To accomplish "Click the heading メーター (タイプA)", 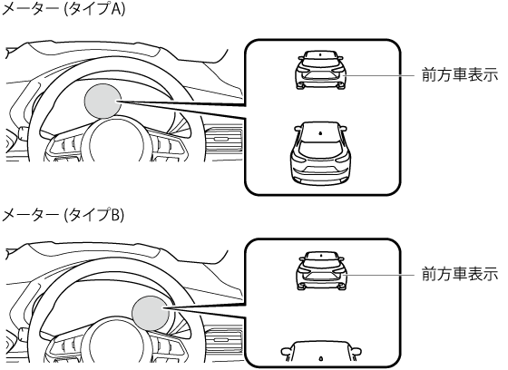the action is pos(63,9).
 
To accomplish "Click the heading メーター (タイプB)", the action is pos(63,215).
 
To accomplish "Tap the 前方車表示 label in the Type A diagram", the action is pos(459,75).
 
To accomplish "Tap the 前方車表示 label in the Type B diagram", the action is pos(459,275).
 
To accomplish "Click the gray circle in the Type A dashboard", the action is pos(103,101).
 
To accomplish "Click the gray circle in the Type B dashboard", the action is pos(151,313).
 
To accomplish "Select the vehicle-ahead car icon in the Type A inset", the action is pos(321,70).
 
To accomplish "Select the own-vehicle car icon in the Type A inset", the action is pos(321,153).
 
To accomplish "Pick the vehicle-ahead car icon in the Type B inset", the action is pos(321,270).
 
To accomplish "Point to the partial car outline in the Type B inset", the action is pos(321,352).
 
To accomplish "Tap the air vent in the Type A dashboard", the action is pos(223,140).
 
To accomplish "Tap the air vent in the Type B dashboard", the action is pos(223,340).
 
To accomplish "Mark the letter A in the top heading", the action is pos(117,9).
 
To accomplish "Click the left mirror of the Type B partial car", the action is pos(286,352).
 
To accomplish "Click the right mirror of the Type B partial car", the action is pos(356,352).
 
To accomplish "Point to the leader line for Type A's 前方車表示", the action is pos(380,75).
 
